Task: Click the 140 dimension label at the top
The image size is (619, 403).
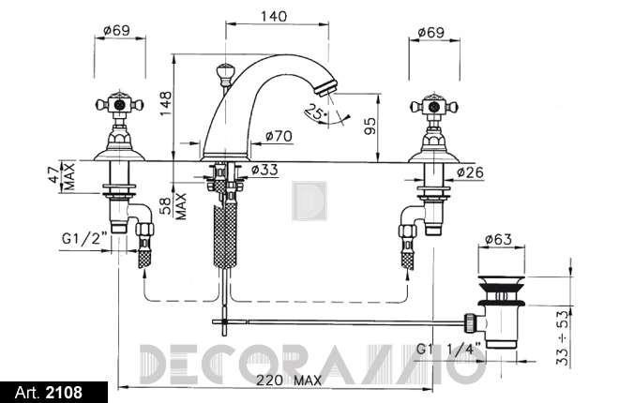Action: coord(274,16)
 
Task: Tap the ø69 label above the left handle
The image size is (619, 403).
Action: coord(117,30)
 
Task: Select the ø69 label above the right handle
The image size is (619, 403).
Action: coord(431,32)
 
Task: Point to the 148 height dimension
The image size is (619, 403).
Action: coord(166,103)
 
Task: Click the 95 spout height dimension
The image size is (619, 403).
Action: coord(370,126)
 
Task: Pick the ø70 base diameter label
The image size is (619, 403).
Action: coord(279,136)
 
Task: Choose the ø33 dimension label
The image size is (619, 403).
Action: coord(264,170)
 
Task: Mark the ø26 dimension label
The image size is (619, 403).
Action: coord(470,172)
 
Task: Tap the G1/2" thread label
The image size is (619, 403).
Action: coord(84,238)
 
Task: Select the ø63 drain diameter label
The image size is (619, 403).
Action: coord(498,239)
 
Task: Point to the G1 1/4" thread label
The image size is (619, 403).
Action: coord(449,350)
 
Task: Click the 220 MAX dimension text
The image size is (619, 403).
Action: coord(289,381)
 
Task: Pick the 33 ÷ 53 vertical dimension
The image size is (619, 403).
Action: coord(564,337)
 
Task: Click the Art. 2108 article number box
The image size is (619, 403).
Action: coord(53,393)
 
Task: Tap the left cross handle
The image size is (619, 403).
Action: coord(120,104)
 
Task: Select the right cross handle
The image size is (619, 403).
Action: coord(434,106)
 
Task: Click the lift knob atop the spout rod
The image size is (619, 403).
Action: coord(225,73)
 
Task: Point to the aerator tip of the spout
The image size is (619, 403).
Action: coord(326,87)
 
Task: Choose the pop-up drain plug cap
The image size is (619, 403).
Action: coord(502,282)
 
